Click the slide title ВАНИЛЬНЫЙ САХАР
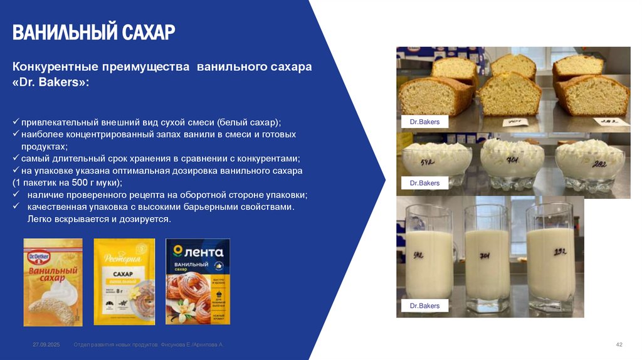coord(94,32)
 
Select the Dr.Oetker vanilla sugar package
coord(53,282)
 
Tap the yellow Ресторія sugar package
coord(124,282)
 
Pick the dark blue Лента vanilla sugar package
coord(197,282)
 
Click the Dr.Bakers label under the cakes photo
coord(424,122)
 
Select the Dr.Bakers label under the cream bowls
coord(424,183)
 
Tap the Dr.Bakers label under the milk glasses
coord(424,306)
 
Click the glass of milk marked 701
coord(487,260)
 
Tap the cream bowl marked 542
coord(438,163)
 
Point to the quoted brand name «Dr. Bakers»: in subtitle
coord(51,83)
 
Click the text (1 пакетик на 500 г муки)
coord(68,183)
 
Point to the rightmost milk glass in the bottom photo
coord(550,260)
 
